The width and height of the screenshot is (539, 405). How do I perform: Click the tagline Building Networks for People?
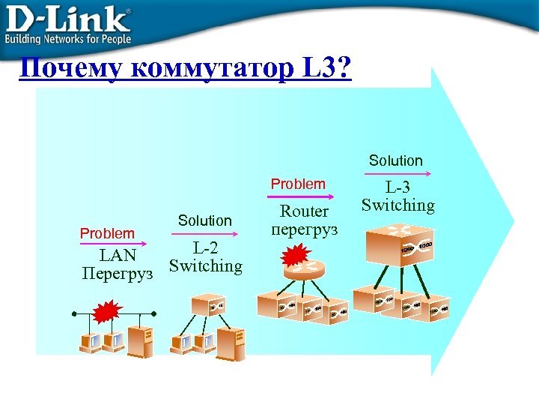tap(68, 39)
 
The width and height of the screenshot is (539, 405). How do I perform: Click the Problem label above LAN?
tap(107, 233)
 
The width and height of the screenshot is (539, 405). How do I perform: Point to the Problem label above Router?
tap(298, 184)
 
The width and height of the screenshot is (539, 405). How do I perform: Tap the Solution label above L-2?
tap(204, 220)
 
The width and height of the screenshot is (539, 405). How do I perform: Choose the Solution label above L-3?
tap(395, 160)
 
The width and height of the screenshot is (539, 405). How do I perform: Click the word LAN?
tap(118, 256)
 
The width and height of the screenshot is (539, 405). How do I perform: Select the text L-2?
tap(205, 247)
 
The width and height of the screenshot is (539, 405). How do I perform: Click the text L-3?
tap(398, 187)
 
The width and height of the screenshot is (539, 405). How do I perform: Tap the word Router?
tap(304, 211)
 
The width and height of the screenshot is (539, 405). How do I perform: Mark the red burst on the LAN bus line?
tap(109, 310)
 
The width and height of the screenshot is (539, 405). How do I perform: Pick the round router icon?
tap(306, 270)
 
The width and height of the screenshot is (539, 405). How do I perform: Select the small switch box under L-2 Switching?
tap(208, 304)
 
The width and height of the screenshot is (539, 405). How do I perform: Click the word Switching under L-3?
tap(398, 205)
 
